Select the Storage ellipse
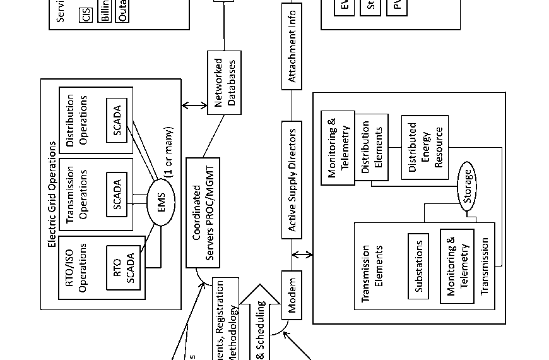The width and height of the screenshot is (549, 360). (x=468, y=187)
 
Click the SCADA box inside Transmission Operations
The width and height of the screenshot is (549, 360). (x=116, y=193)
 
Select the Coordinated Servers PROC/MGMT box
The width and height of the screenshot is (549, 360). (x=204, y=212)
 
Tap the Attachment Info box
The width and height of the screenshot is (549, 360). (x=292, y=44)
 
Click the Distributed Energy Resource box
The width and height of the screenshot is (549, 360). (x=425, y=147)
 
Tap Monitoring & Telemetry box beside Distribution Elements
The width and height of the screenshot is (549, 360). (x=338, y=147)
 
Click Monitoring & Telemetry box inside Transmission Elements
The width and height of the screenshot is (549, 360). (x=457, y=266)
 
